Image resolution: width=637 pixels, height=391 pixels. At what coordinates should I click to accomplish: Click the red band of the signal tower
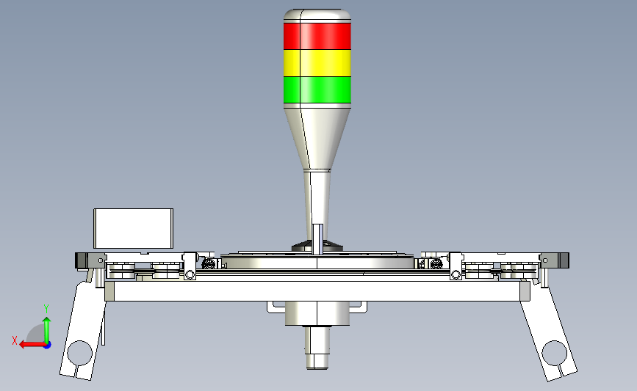317,36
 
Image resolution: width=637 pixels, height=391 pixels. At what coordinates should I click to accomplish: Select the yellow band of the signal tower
317,63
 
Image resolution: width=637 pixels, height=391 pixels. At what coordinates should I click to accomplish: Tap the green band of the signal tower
317,89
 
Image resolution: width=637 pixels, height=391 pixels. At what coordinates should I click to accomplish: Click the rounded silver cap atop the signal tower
317,15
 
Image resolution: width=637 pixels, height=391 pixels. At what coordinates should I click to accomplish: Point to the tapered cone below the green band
317,138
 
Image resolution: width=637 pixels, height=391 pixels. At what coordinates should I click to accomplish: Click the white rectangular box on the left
133,228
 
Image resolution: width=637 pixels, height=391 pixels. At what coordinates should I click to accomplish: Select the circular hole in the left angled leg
79,353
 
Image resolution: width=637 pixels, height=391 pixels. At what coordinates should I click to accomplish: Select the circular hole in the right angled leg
555,353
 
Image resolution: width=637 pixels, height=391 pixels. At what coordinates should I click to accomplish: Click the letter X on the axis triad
15,340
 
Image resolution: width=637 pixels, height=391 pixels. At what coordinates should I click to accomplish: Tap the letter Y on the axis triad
46,309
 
